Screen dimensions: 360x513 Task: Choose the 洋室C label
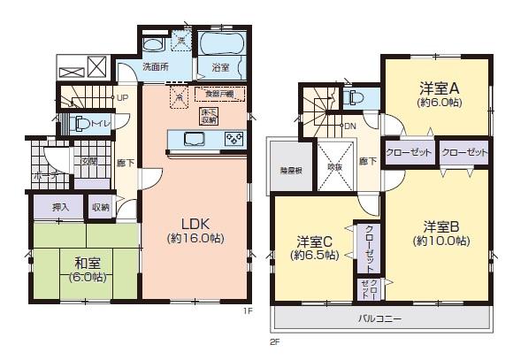(x=314, y=241)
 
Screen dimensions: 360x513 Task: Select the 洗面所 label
(x=156, y=67)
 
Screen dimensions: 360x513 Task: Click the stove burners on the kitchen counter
(x=234, y=138)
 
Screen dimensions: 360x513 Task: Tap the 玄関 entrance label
(x=89, y=162)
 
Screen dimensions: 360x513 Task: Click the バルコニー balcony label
(x=381, y=318)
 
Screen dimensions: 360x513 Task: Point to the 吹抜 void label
(x=334, y=166)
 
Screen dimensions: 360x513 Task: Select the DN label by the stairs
(x=349, y=126)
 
